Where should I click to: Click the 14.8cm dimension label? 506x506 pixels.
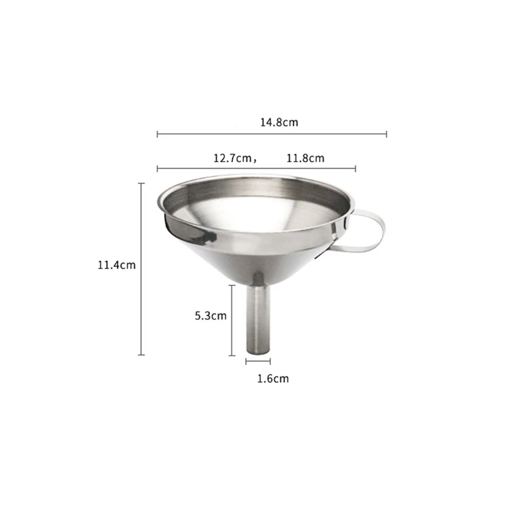(279, 123)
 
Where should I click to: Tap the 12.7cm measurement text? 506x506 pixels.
(233, 158)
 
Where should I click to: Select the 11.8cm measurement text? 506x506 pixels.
(305, 158)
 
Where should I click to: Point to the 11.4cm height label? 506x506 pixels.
(116, 265)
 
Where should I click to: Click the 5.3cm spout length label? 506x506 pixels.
(211, 316)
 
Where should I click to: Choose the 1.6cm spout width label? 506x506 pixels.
(273, 378)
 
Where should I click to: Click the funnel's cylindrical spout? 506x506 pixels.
(258, 319)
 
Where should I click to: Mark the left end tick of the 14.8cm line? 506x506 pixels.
(157, 135)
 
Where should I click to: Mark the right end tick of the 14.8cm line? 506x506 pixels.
(387, 135)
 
